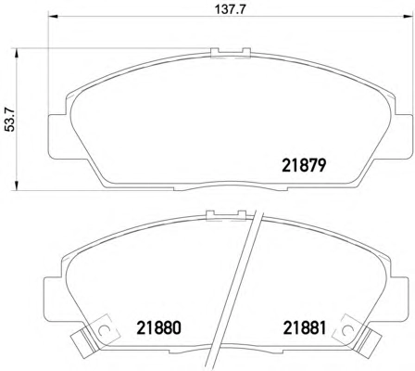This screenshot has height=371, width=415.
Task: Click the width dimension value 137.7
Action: pyautogui.click(x=230, y=9)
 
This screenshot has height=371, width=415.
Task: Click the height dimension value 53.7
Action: pyautogui.click(x=11, y=120)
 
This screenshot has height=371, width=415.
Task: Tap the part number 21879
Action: pyautogui.click(x=304, y=165)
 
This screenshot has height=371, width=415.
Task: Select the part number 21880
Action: pyautogui.click(x=158, y=328)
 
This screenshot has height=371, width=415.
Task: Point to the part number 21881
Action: pyautogui.click(x=305, y=328)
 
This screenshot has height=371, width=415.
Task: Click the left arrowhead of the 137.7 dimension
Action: pyautogui.click(x=53, y=17)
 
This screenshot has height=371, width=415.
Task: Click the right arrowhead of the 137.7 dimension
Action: pyautogui.click(x=408, y=17)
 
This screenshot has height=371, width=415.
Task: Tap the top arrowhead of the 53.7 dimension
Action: pyautogui.click(x=16, y=53)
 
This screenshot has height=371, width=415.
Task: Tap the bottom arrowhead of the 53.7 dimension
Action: pyautogui.click(x=16, y=185)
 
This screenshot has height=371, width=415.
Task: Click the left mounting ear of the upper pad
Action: pyautogui.click(x=57, y=136)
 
